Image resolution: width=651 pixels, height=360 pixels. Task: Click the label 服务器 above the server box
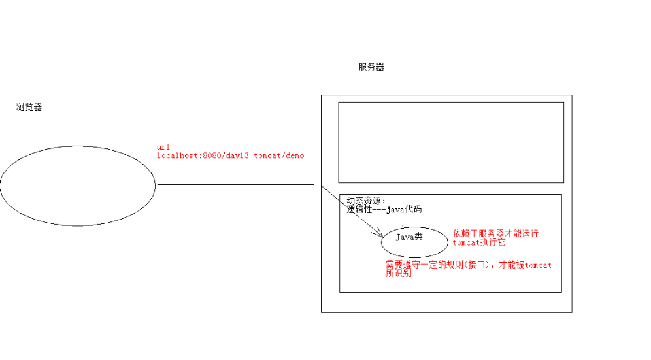pyautogui.click(x=371, y=67)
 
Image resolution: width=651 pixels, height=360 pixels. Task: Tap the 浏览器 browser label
pyautogui.click(x=29, y=108)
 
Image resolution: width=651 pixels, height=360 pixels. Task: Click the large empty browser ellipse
pyautogui.click(x=77, y=186)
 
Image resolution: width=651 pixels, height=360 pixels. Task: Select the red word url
pyautogui.click(x=163, y=147)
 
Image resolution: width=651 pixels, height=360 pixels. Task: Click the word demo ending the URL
pyautogui.click(x=295, y=156)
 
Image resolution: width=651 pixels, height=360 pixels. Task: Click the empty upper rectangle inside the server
pyautogui.click(x=450, y=142)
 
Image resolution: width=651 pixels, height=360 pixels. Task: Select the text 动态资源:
pyautogui.click(x=366, y=201)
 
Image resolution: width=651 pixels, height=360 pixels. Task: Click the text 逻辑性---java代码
pyautogui.click(x=384, y=210)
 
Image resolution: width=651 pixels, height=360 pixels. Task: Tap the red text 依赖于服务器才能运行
pyautogui.click(x=495, y=233)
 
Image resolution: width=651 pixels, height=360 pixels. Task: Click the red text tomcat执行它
pyautogui.click(x=479, y=242)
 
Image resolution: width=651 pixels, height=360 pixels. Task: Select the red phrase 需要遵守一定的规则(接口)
pyautogui.click(x=441, y=265)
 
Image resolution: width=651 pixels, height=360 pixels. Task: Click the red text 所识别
pyautogui.click(x=399, y=274)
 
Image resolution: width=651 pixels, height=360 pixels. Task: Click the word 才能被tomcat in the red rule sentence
pyautogui.click(x=526, y=265)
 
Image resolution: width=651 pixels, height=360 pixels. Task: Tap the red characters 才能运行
pyautogui.click(x=526, y=233)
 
